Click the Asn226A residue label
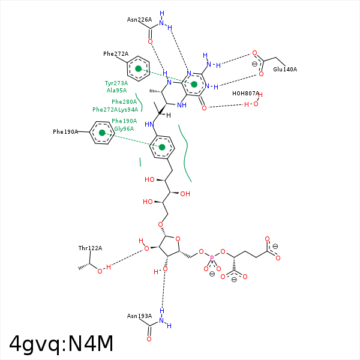(139, 19)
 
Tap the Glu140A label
(285, 70)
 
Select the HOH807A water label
(246, 93)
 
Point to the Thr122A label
(90, 248)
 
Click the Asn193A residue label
(139, 316)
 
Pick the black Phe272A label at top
(116, 54)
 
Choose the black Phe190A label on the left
(65, 131)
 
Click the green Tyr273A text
(116, 83)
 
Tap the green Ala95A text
(116, 90)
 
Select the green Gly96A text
(124, 128)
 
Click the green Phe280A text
(124, 102)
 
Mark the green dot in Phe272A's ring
(138, 69)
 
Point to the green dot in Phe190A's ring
(102, 132)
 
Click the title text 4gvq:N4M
(61, 343)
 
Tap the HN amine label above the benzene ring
(149, 124)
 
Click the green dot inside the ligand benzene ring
(162, 147)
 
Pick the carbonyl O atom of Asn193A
(149, 339)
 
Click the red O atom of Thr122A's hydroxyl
(100, 270)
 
